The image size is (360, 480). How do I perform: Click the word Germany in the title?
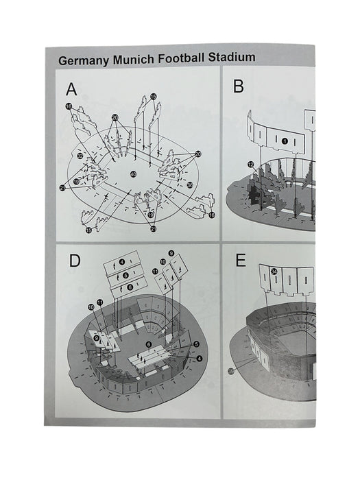point(84,60)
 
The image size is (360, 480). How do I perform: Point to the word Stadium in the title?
point(232,57)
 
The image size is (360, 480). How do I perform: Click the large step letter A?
point(71,89)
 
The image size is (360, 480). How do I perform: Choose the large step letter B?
point(239,86)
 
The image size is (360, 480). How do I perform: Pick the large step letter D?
point(75,261)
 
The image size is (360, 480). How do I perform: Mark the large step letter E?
point(241,261)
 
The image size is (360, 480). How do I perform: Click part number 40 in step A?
point(133,174)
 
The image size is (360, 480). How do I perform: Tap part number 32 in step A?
point(80,156)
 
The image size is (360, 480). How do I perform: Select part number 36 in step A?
point(190,185)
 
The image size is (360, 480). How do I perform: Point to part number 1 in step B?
point(285,141)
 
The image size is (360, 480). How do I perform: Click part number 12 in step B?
point(251,165)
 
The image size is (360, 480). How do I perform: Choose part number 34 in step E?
point(274,272)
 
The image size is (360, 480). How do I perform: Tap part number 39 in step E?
point(231,372)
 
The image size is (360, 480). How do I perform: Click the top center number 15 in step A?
point(154,97)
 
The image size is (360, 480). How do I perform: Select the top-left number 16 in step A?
point(69,106)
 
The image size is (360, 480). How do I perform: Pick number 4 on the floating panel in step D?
point(122,262)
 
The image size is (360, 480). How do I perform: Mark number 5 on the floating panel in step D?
point(125,275)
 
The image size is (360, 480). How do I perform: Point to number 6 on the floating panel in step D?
point(130,287)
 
